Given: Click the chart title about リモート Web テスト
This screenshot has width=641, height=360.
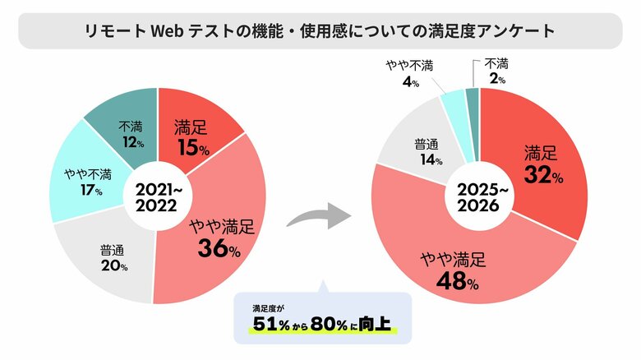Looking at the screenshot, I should (x=320, y=31).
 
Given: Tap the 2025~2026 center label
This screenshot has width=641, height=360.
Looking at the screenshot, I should (x=481, y=196).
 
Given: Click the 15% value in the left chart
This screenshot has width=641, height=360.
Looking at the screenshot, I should (x=193, y=150).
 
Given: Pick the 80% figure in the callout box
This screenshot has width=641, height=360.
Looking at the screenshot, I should (x=333, y=326).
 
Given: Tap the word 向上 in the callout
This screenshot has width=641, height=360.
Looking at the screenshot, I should (x=382, y=326).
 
